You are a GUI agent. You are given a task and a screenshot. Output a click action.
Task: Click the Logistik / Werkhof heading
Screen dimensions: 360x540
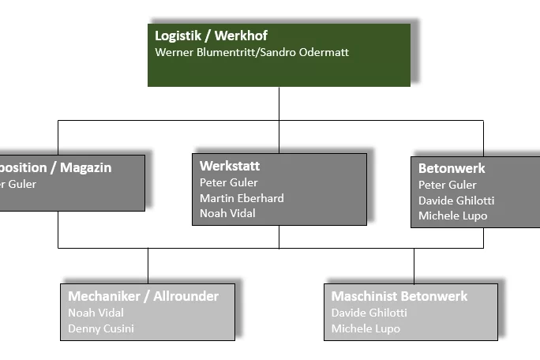[211, 36]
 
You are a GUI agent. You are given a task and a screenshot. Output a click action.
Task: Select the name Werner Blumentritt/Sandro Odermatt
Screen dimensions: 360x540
[252, 52]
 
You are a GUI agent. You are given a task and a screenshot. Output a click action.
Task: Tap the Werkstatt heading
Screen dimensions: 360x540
[230, 166]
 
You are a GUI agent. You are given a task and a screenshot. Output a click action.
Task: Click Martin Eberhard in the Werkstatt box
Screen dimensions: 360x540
[242, 198]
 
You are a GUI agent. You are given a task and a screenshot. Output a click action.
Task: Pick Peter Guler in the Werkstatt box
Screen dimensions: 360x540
[229, 182]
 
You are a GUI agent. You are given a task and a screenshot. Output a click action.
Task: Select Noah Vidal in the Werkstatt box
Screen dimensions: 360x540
[227, 213]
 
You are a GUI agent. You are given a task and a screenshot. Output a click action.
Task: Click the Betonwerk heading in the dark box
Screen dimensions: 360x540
[452, 168]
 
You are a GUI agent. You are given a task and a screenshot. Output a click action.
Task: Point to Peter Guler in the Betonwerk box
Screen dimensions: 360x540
[448, 185]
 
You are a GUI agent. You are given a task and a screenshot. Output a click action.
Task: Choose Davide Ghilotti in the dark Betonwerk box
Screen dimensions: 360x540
[456, 201]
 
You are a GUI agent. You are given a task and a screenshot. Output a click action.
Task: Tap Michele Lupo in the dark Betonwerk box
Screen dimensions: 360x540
[453, 216]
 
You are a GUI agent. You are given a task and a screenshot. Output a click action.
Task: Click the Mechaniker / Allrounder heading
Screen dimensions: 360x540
[143, 296]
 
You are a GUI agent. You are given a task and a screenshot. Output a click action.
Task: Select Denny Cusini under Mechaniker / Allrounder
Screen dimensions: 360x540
[101, 328]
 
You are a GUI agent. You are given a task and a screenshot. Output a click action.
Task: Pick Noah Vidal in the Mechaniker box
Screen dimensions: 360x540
[96, 313]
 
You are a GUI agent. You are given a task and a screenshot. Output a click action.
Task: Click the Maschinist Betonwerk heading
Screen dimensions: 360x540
[399, 296]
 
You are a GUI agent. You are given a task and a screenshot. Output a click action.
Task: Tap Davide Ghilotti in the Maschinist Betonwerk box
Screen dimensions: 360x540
[369, 313]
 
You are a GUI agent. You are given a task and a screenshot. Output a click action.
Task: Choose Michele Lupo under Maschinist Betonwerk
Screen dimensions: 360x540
[366, 328]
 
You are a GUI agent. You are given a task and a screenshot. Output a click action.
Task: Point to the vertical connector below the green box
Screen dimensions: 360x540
[279, 103]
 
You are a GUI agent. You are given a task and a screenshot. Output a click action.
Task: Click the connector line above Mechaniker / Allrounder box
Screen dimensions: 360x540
[148, 265]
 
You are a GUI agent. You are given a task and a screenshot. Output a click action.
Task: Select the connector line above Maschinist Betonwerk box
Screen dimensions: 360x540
[414, 265]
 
